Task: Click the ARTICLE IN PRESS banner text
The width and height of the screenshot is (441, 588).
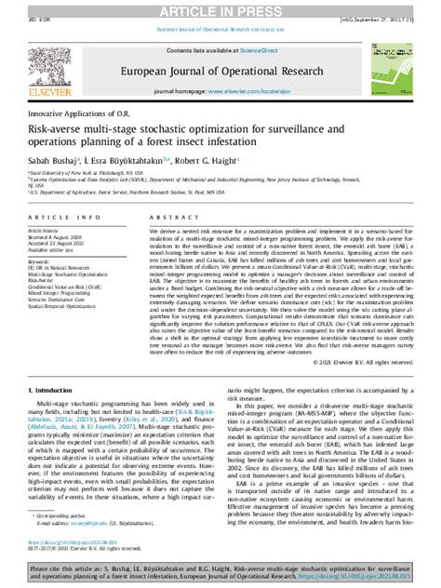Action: point(220,8)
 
